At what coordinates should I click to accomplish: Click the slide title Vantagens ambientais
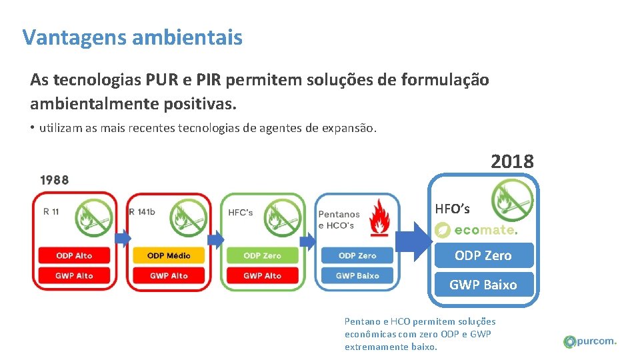point(132,37)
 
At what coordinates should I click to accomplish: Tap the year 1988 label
point(54,179)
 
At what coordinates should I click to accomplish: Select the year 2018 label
point(512,161)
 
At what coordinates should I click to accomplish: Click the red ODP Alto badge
point(74,255)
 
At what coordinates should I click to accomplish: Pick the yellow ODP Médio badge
point(169,255)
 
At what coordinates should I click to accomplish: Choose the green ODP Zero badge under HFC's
point(263,255)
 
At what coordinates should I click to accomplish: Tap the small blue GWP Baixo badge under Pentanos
point(357,275)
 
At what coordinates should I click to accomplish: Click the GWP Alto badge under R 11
point(74,275)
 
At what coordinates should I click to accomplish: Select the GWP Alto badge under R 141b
point(169,275)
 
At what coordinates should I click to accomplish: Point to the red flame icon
point(380,216)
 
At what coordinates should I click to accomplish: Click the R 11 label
point(51,212)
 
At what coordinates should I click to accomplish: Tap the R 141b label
point(142,212)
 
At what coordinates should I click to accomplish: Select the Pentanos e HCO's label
point(339,219)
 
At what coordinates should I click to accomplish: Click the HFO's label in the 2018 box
point(452,209)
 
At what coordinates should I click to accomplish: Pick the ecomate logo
point(475,230)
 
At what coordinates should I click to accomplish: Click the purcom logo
point(590,341)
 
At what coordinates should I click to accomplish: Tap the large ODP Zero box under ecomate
point(483,255)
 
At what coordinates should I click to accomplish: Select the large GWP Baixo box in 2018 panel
point(483,285)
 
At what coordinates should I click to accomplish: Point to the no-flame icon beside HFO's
point(511,199)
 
